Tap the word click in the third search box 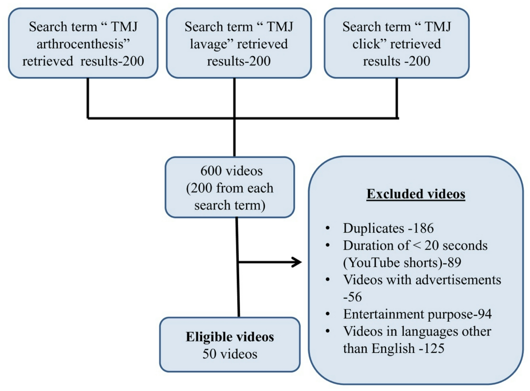pyautogui.click(x=366, y=44)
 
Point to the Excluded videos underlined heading pyautogui.click(x=416, y=194)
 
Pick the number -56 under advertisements pyautogui.click(x=352, y=297)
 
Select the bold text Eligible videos pyautogui.click(x=230, y=337)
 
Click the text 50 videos pyautogui.click(x=230, y=354)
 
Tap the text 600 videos pyautogui.click(x=231, y=171)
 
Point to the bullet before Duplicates pyautogui.click(x=328, y=228)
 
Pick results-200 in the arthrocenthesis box pyautogui.click(x=112, y=61)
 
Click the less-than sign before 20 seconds pyautogui.click(x=417, y=245)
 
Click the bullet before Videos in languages pyautogui.click(x=328, y=331)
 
